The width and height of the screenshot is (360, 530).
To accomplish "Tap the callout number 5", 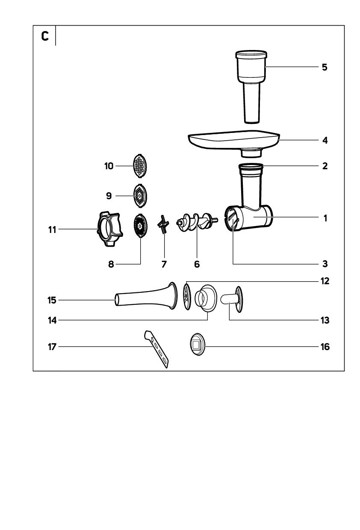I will pyautogui.click(x=325, y=67).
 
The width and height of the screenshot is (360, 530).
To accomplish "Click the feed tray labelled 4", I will pyautogui.click(x=233, y=140).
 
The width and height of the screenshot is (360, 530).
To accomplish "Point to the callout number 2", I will pyautogui.click(x=325, y=166).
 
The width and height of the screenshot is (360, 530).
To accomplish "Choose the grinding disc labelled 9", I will pyautogui.click(x=139, y=195).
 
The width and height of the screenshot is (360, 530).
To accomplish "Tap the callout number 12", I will pyautogui.click(x=325, y=281).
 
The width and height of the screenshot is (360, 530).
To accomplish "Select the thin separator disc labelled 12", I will pyautogui.click(x=186, y=295).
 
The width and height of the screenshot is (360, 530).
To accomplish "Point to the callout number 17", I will pyautogui.click(x=52, y=347).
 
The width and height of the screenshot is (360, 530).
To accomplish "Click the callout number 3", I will pyautogui.click(x=325, y=264).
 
